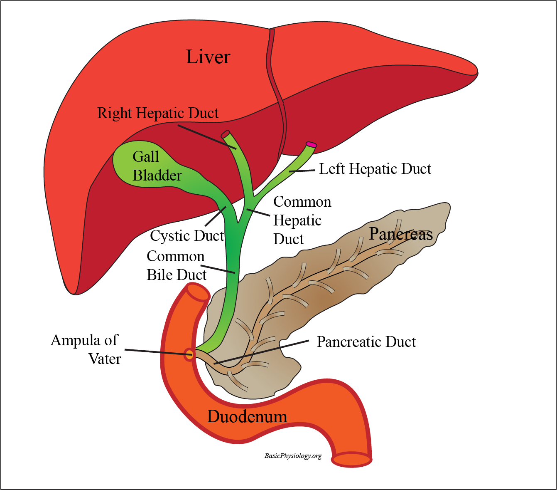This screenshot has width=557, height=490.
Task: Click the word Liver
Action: [208, 57]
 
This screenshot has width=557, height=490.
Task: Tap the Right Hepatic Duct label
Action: [158, 113]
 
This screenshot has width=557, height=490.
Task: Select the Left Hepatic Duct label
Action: [375, 169]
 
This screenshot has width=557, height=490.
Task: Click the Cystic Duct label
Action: [187, 236]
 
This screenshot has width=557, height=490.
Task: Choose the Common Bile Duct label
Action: [176, 265]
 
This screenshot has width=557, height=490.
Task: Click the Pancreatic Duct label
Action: [366, 342]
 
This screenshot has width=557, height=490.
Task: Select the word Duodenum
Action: [247, 416]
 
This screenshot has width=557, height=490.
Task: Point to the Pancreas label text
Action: [401, 234]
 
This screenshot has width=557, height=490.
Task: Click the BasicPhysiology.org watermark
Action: [293, 456]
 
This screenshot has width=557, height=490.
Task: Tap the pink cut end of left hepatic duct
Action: [311, 145]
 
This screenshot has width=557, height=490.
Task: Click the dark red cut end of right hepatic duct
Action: [225, 134]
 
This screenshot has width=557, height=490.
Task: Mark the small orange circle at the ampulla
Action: [189, 354]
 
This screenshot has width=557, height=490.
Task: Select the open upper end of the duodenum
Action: [198, 292]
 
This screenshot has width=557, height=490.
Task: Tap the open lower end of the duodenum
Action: [351, 460]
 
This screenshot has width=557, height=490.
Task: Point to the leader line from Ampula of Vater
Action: [156, 352]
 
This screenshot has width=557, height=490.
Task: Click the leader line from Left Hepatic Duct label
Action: [302, 171]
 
